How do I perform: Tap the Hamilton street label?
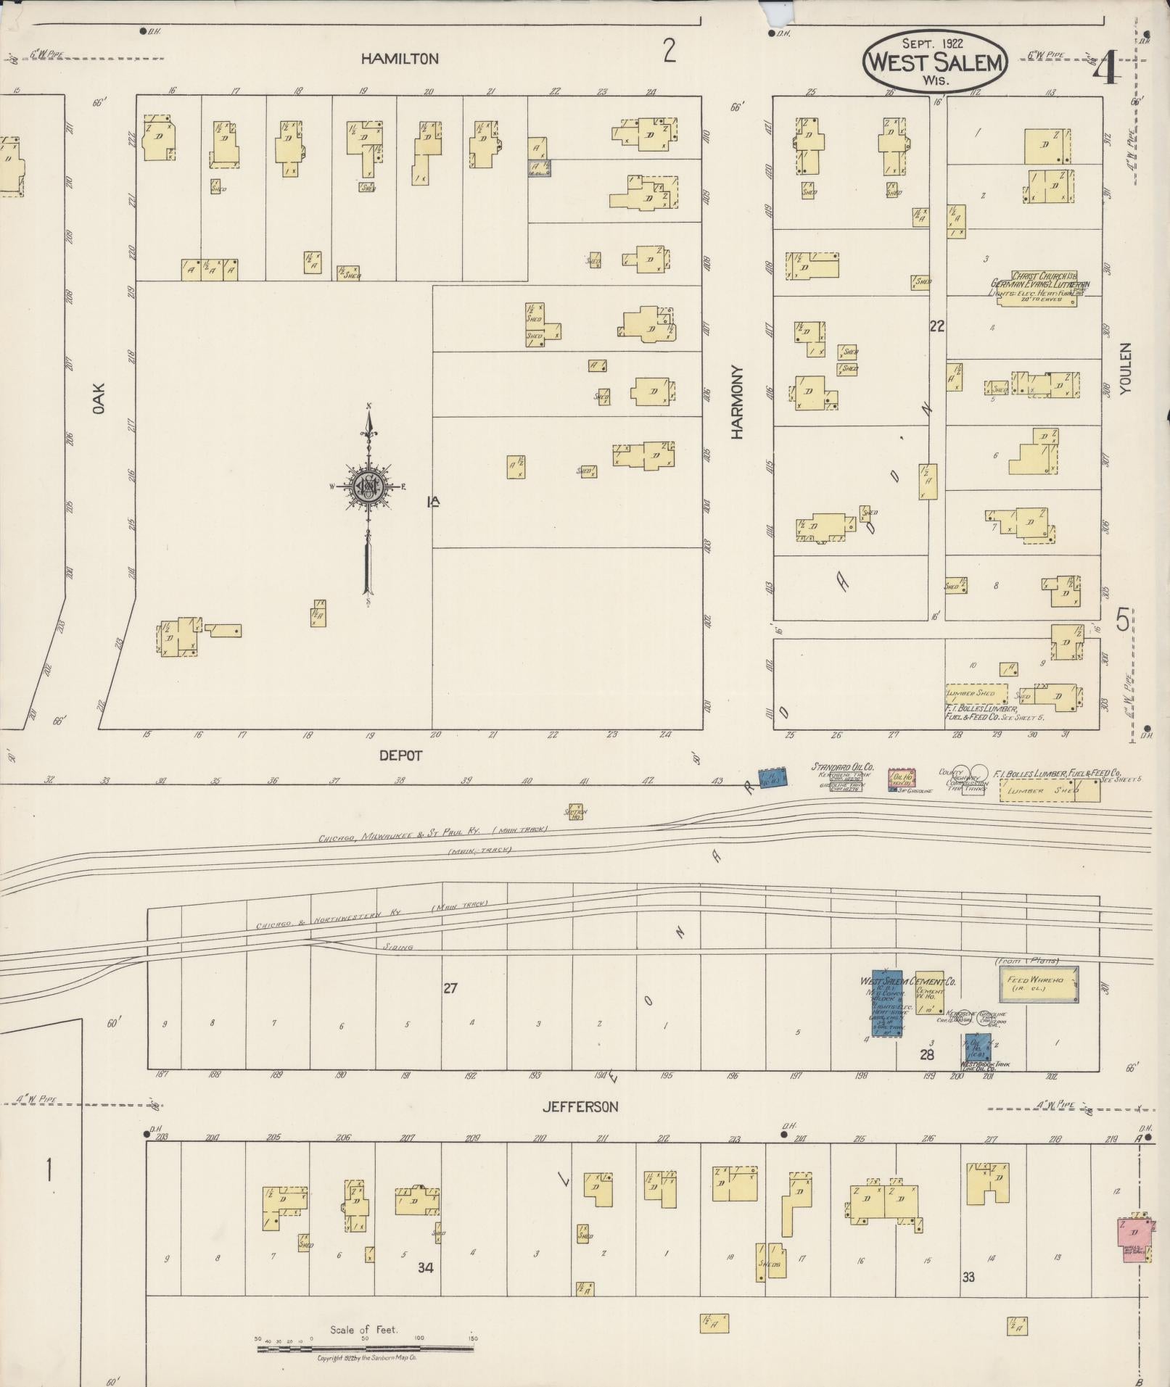click(x=400, y=59)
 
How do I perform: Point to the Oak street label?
click(x=99, y=399)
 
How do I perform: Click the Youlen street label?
click(x=1125, y=368)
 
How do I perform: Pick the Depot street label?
click(x=400, y=755)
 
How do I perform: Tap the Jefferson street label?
click(x=581, y=1106)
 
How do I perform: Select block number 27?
click(x=450, y=988)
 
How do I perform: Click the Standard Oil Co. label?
click(x=842, y=766)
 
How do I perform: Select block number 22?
click(x=936, y=326)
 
